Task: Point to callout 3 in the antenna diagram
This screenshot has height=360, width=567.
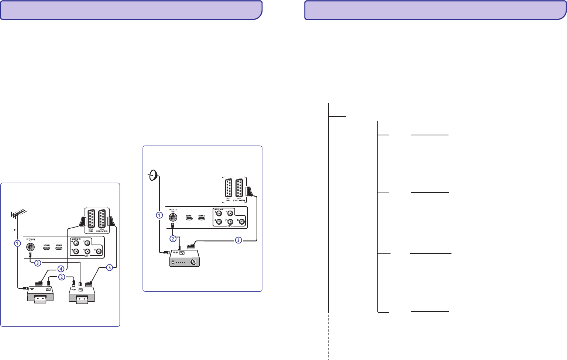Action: [37, 263]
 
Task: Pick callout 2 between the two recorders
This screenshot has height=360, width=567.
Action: [62, 277]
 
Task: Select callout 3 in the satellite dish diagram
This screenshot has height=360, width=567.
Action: [238, 240]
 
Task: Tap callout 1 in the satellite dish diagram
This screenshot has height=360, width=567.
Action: [159, 215]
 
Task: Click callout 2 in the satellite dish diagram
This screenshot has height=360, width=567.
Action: [173, 239]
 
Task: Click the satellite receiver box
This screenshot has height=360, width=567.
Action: [184, 258]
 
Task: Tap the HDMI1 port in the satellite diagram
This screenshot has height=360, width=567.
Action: [189, 218]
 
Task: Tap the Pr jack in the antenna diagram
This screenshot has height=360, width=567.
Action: [98, 252]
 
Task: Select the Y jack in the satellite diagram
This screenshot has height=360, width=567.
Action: [230, 213]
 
